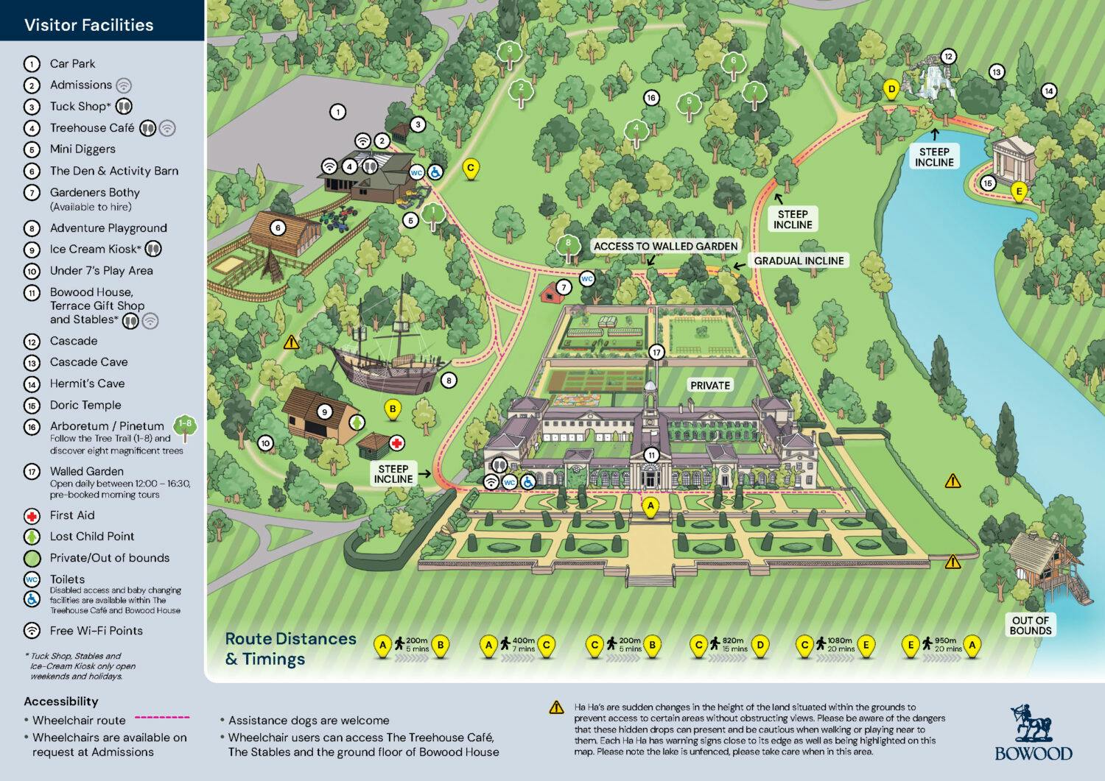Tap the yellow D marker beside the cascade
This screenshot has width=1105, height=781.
click(x=891, y=90)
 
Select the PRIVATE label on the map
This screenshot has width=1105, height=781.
click(x=709, y=385)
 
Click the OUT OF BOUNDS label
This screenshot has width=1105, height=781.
click(x=1030, y=625)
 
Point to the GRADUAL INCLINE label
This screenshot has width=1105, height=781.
click(x=799, y=261)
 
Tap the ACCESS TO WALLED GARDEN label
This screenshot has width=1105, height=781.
click(x=665, y=246)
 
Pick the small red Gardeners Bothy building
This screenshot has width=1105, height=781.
click(x=550, y=293)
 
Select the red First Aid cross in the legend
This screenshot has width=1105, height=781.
click(x=32, y=516)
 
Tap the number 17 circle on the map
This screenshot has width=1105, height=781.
click(x=656, y=353)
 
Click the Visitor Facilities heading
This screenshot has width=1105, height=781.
click(x=88, y=25)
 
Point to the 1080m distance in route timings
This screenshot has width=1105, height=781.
click(x=839, y=640)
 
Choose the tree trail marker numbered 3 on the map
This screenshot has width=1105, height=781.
click(x=509, y=52)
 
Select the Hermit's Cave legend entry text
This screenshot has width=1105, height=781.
click(x=87, y=384)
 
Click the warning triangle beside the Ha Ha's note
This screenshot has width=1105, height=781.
click(x=556, y=708)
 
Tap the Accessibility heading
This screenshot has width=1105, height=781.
click(x=60, y=702)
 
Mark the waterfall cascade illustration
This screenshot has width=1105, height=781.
click(x=933, y=81)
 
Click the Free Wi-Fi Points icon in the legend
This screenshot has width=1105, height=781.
click(x=32, y=631)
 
